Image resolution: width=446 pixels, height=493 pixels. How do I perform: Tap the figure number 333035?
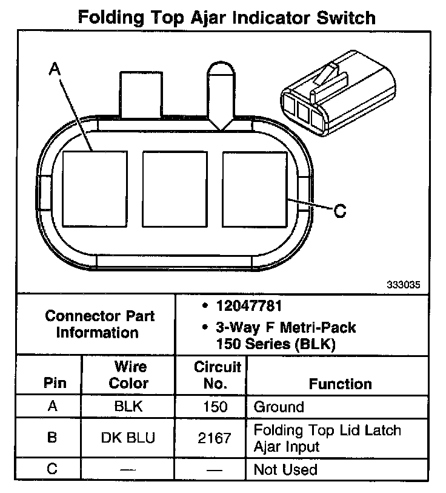(x=404, y=284)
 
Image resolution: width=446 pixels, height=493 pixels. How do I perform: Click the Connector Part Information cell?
(x=100, y=324)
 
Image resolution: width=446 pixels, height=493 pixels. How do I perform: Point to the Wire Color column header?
(x=130, y=375)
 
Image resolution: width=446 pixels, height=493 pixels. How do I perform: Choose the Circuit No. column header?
(x=218, y=375)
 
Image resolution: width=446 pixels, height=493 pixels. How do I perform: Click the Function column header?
(x=340, y=384)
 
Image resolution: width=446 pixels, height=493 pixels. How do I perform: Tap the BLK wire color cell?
(x=128, y=406)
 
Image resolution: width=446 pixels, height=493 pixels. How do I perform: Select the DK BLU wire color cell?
(x=128, y=438)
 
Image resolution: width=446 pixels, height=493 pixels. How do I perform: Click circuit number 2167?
(x=215, y=438)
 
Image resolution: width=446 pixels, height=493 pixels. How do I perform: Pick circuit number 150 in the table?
(x=215, y=406)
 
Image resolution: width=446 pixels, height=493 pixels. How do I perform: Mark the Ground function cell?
(x=279, y=406)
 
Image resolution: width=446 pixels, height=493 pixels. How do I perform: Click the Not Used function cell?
(x=285, y=469)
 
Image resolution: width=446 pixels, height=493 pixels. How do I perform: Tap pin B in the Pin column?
(x=52, y=438)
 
